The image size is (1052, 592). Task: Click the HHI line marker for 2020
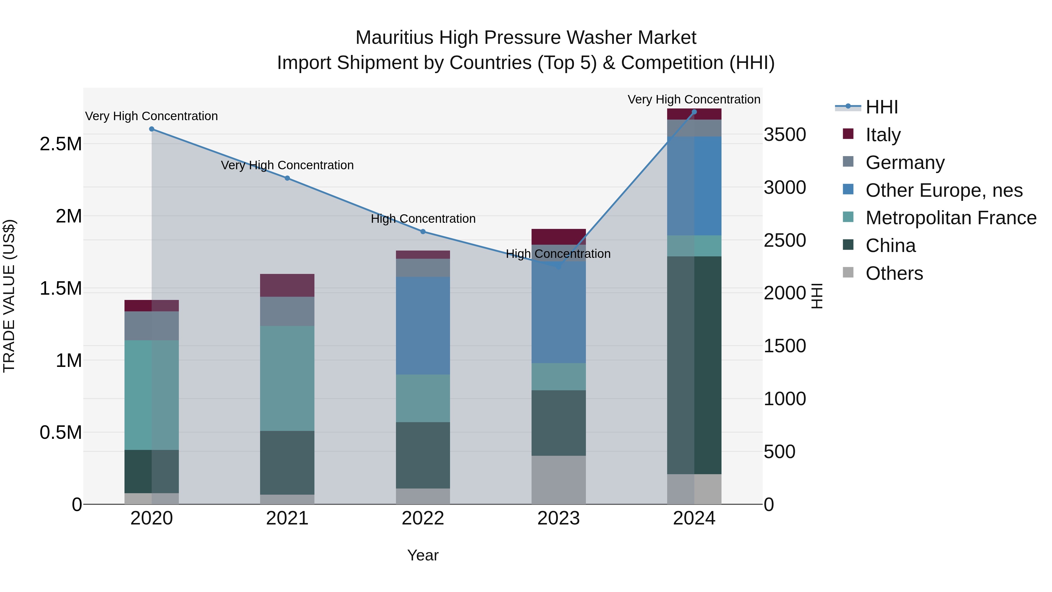pyautogui.click(x=151, y=129)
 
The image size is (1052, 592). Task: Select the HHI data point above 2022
pyautogui.click(x=423, y=232)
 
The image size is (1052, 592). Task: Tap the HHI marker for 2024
pyautogui.click(x=694, y=112)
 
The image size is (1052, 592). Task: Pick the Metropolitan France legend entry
pyautogui.click(x=950, y=218)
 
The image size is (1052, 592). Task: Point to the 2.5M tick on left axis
pyautogui.click(x=60, y=144)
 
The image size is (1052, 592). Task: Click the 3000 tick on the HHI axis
pyautogui.click(x=785, y=187)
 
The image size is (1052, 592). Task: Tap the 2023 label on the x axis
pyautogui.click(x=558, y=518)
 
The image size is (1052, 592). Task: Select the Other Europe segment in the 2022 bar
pyautogui.click(x=423, y=326)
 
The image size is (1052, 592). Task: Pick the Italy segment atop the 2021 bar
pyautogui.click(x=287, y=285)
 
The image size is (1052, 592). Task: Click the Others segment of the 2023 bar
pyautogui.click(x=558, y=480)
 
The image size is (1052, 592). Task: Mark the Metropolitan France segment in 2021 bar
pyautogui.click(x=287, y=378)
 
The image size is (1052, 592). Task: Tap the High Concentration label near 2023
pyautogui.click(x=558, y=254)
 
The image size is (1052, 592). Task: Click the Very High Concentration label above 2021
pyautogui.click(x=287, y=165)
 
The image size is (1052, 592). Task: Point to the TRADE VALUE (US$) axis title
pyautogui.click(x=9, y=296)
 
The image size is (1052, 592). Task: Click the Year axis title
pyautogui.click(x=423, y=555)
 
